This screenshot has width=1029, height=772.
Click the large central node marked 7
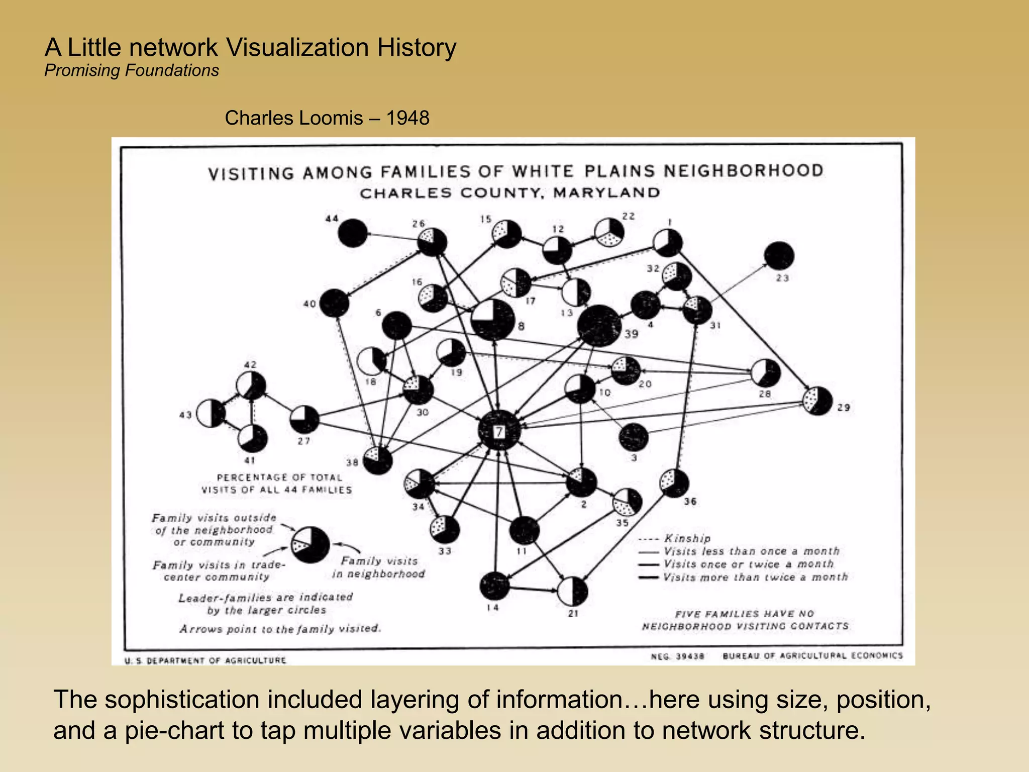pyautogui.click(x=498, y=431)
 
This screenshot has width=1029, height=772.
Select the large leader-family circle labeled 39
pyautogui.click(x=599, y=326)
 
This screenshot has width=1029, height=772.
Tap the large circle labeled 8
pyautogui.click(x=493, y=320)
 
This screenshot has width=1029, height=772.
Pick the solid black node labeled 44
pyautogui.click(x=352, y=233)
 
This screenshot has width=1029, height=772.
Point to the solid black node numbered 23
pyautogui.click(x=779, y=256)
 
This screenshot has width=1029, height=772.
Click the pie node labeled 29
pyautogui.click(x=817, y=401)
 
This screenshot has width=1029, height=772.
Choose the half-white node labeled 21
pyautogui.click(x=572, y=592)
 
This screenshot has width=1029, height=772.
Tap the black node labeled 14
pyautogui.click(x=494, y=586)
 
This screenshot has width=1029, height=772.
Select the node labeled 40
pyautogui.click(x=334, y=303)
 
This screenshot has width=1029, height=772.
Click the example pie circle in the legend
pyautogui.click(x=311, y=545)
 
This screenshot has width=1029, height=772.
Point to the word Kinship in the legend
pyautogui.click(x=687, y=538)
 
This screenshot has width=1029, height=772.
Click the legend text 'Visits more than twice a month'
pyautogui.click(x=755, y=577)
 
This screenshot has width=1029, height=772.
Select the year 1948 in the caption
pyautogui.click(x=407, y=118)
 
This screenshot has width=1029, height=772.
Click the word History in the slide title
pyautogui.click(x=417, y=48)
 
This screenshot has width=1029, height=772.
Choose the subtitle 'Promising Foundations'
pyautogui.click(x=132, y=70)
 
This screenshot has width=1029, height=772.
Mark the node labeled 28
pyautogui.click(x=765, y=373)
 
